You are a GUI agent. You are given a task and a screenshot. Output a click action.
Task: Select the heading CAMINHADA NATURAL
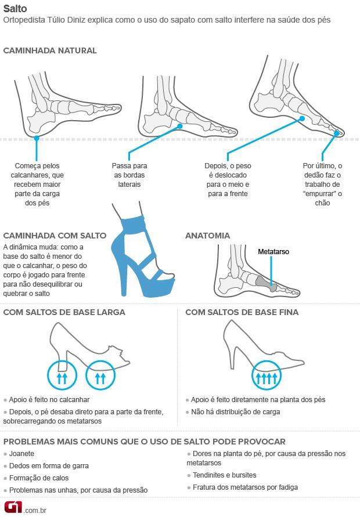coord(50,50)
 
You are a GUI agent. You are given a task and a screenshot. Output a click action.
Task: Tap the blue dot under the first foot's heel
coord(37,138)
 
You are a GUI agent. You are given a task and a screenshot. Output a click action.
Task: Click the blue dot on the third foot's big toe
coord(337,133)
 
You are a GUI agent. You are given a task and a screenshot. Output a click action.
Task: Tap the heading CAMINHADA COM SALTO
coord(55,236)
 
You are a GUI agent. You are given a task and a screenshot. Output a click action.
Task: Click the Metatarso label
coord(273,252)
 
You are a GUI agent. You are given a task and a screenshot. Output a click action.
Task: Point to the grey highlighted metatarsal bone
coord(265,281)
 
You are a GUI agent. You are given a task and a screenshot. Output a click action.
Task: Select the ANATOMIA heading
coord(207,236)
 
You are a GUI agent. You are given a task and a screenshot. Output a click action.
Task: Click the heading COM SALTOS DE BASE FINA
coord(242,312)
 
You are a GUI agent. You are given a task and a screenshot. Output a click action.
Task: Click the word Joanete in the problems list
coord(23,453)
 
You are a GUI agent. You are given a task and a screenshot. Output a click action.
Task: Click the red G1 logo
coord(12,507)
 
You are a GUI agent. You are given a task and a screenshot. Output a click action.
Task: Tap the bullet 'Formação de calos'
coord(39,478)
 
